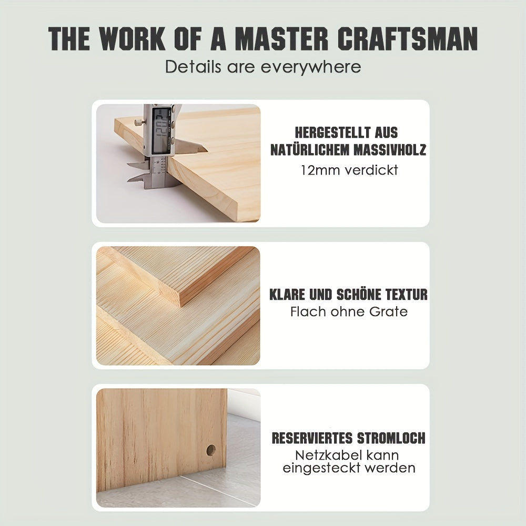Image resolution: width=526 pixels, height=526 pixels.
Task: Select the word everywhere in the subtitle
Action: click(x=311, y=67)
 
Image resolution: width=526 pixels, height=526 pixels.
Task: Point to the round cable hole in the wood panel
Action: click(x=211, y=450)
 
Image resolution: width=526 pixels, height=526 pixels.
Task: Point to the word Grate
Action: click(x=388, y=311)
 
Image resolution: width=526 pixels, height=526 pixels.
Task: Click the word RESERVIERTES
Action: click(x=312, y=438)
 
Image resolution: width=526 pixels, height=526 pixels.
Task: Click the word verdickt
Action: click(x=371, y=170)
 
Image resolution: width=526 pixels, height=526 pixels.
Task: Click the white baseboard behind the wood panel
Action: click(x=243, y=403)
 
